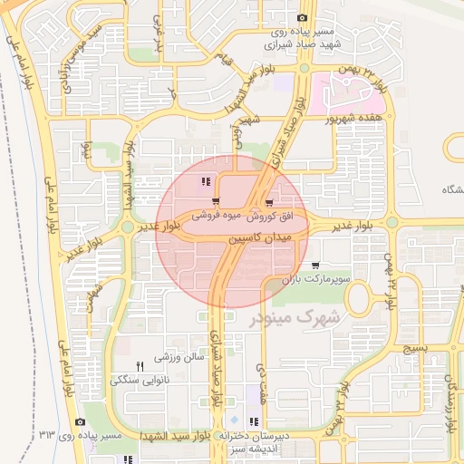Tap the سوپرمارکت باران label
tap(314, 280)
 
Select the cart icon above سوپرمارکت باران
tap(314, 266)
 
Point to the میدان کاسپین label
tap(258, 237)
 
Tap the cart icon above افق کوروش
tap(269, 203)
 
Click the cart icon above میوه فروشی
tap(215, 202)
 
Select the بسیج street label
tap(413, 348)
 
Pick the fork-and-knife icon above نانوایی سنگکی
tap(140, 366)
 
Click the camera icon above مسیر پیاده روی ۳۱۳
tap(81, 422)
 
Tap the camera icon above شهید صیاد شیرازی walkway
tap(302, 17)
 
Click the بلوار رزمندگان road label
tap(450, 399)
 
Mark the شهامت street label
tap(93, 297)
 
